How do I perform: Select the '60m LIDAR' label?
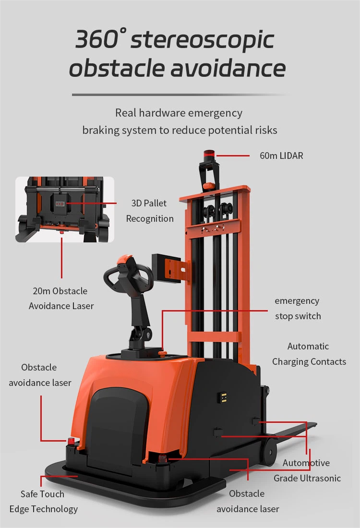click(281, 156)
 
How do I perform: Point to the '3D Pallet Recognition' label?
click(150, 211)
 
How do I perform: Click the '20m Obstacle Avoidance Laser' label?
click(61, 298)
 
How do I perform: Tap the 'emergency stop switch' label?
click(298, 308)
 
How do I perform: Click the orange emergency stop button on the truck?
click(162, 354)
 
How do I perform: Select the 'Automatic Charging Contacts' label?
click(309, 354)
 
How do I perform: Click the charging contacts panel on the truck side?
click(223, 398)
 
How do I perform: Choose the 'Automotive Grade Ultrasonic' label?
click(307, 470)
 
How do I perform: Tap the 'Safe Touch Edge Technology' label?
click(43, 501)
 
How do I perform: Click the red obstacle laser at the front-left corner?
click(71, 441)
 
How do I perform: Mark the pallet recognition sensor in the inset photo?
click(60, 204)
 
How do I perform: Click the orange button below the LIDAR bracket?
click(208, 186)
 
